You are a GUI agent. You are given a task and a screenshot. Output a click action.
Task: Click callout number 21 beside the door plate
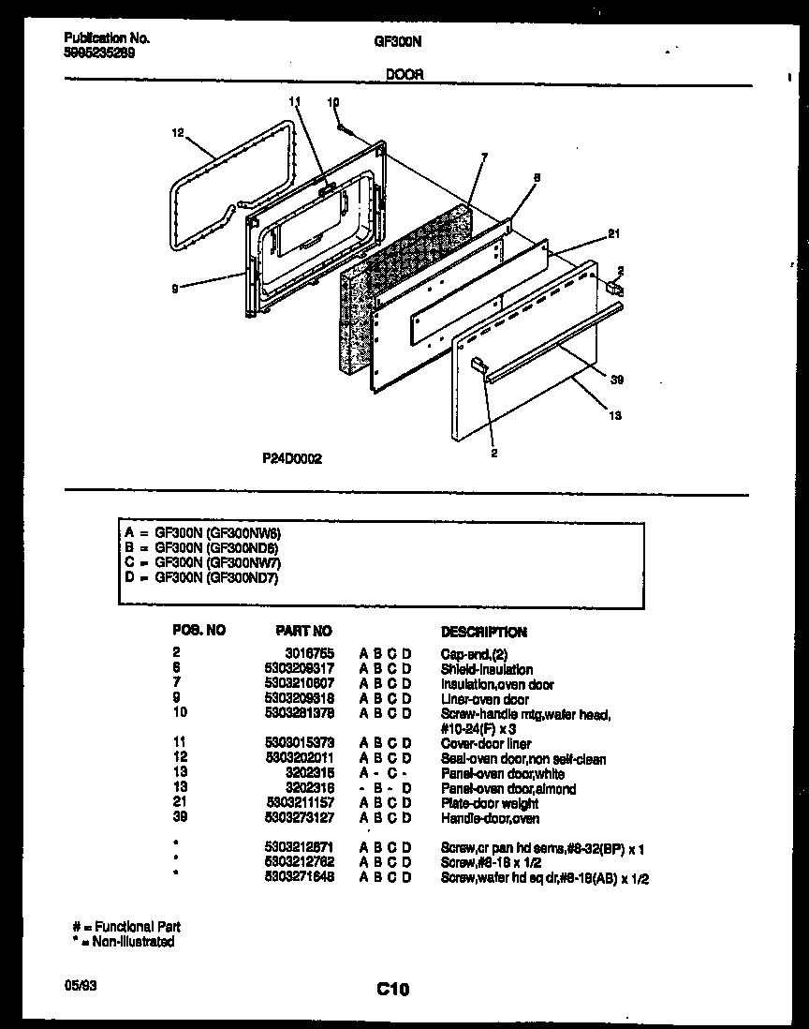tap(613, 234)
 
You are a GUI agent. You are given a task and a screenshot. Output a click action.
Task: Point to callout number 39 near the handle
tap(615, 380)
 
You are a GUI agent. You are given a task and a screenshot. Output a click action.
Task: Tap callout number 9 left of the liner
tap(174, 289)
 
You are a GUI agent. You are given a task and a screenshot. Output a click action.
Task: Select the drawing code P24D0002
tap(292, 459)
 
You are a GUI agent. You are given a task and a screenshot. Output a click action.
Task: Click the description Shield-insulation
tap(486, 669)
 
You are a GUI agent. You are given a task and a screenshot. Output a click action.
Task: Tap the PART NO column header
tap(303, 632)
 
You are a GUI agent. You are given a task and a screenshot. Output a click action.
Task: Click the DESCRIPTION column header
tap(483, 633)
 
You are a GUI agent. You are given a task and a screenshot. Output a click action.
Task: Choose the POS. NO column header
tap(199, 631)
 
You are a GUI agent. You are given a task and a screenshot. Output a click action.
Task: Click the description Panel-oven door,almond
tap(507, 789)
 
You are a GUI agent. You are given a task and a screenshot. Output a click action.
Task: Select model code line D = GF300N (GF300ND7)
tap(201, 578)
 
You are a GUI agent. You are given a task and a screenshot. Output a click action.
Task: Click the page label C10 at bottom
tap(393, 988)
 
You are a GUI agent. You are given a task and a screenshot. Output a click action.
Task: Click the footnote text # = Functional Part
tap(126, 927)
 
